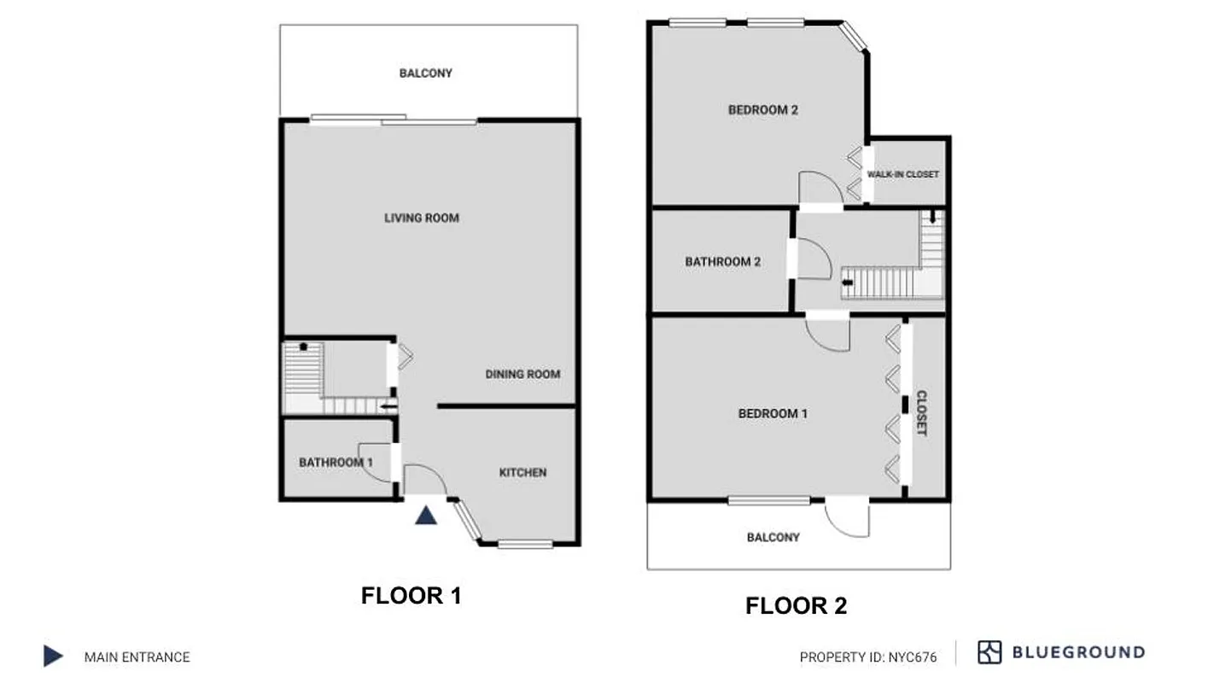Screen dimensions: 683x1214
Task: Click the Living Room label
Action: [x=421, y=218]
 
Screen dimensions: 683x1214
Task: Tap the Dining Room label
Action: [x=522, y=374]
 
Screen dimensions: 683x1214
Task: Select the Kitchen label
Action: [x=522, y=472]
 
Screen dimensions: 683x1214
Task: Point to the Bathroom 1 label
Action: [x=336, y=462]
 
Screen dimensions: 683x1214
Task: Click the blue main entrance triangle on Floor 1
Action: [x=426, y=515]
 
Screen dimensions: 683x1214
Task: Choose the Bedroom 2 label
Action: [x=762, y=109]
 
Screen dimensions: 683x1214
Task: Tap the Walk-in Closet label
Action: [x=902, y=174]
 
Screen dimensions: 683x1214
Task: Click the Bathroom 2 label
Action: [x=722, y=262]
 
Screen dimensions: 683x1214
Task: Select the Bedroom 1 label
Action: [x=773, y=414]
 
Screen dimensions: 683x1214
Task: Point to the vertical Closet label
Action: [x=921, y=413]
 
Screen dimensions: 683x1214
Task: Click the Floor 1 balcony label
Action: [x=425, y=73]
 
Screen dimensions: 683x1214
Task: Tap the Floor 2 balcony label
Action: [x=773, y=537]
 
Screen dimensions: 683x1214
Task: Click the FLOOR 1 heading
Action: [x=411, y=595]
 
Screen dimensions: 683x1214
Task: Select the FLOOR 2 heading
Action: [x=796, y=606]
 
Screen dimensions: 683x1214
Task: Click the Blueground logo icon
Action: [x=989, y=652]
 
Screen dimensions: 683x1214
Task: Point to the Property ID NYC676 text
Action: [x=867, y=657]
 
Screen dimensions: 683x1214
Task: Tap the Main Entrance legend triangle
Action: [x=53, y=656]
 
